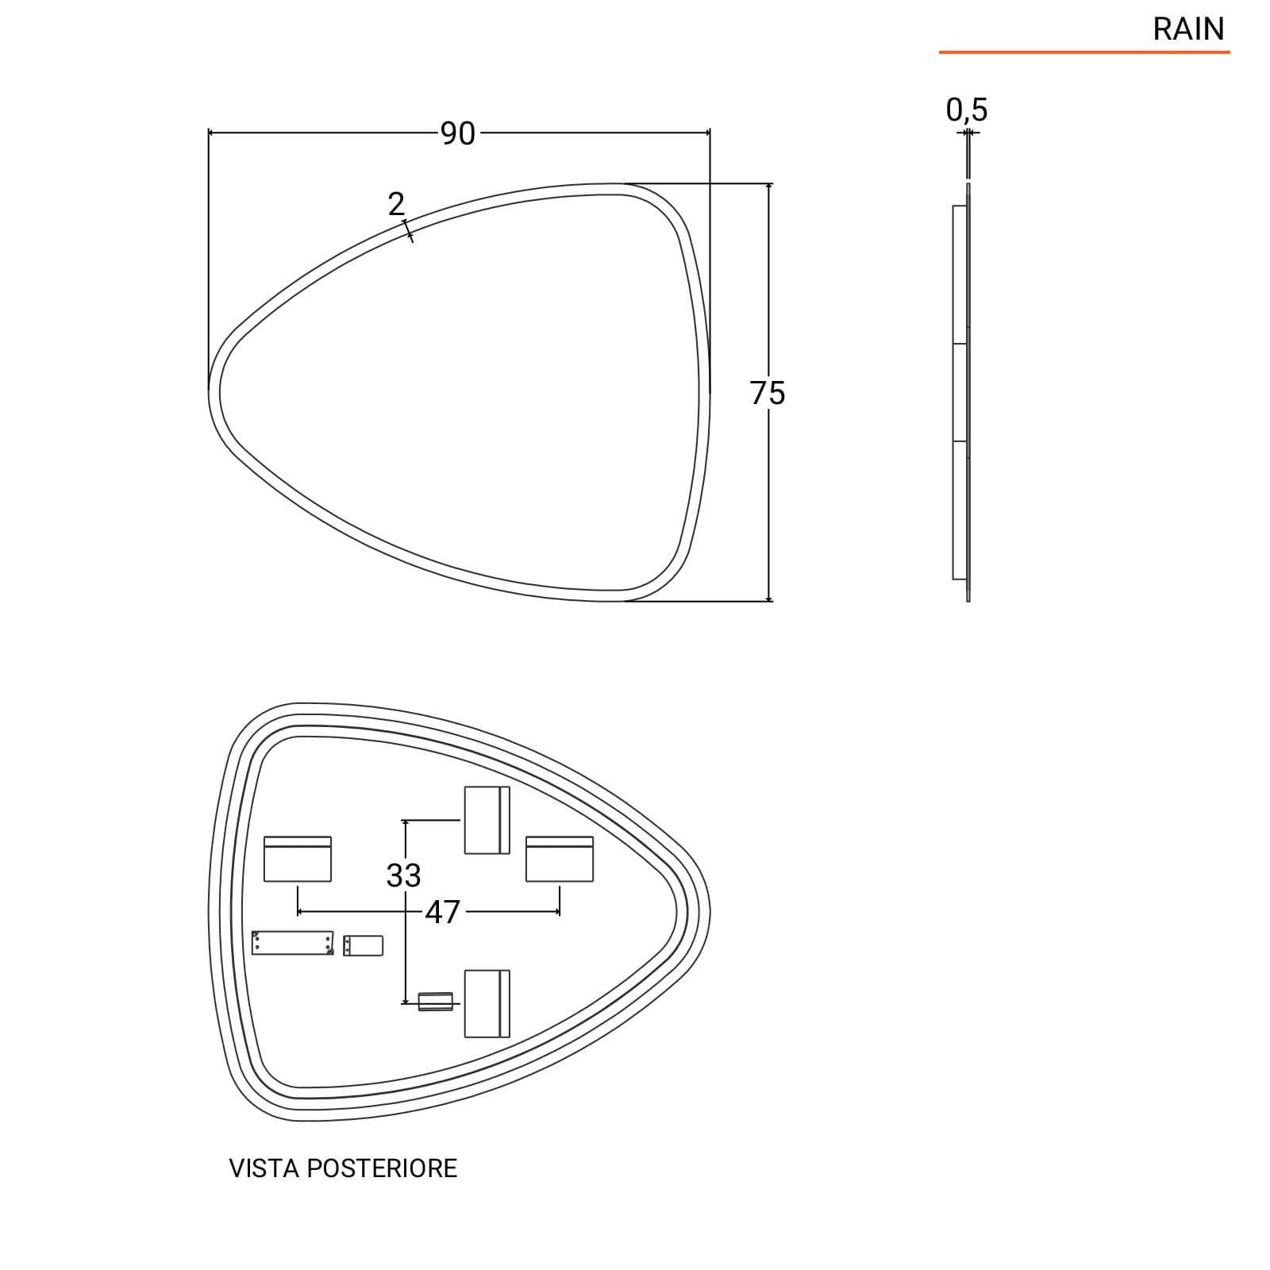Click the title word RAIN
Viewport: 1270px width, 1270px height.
[1188, 29]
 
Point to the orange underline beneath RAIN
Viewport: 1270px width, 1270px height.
[1084, 52]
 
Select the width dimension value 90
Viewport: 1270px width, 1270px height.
[458, 133]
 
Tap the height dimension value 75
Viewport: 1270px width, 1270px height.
[768, 393]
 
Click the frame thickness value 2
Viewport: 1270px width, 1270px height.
[396, 205]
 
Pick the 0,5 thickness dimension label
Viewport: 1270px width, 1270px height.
[967, 110]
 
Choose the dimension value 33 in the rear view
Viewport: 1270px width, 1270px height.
[403, 876]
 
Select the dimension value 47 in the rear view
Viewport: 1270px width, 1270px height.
[442, 912]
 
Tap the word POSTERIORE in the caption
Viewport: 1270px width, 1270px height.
[383, 1168]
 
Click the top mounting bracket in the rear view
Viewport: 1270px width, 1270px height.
[487, 820]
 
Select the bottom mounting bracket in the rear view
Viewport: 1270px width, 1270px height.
[487, 1003]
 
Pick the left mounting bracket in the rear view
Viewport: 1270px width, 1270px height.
[298, 858]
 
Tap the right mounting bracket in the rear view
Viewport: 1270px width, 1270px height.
[560, 858]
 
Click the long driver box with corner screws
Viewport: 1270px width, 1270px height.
[293, 943]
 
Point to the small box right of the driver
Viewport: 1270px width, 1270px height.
[363, 945]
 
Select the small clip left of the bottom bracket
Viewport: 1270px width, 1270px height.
[435, 1002]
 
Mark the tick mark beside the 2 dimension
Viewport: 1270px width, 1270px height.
[408, 231]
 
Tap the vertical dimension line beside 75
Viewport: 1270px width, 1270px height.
[768, 392]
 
